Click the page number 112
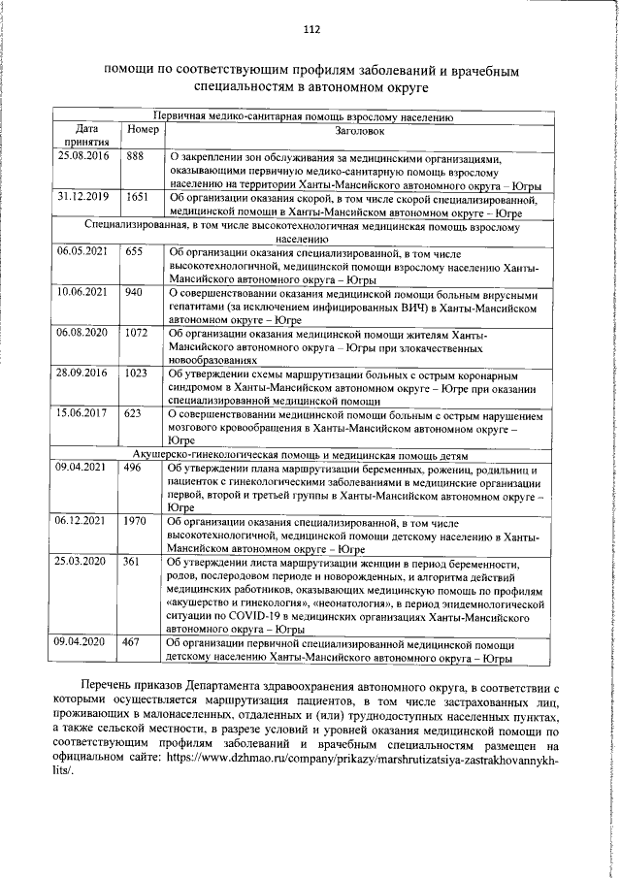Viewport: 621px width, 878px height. [310, 29]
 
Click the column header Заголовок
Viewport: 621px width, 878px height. [358, 129]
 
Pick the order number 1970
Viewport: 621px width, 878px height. [136, 520]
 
